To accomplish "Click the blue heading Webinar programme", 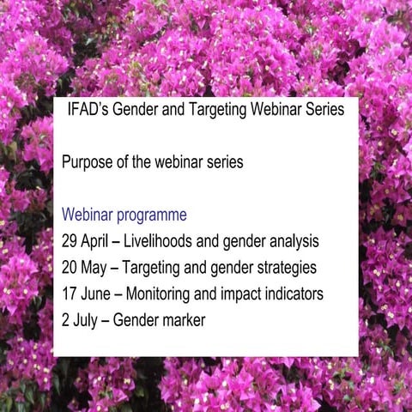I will [x=124, y=215].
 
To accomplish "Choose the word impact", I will [x=233, y=294].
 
